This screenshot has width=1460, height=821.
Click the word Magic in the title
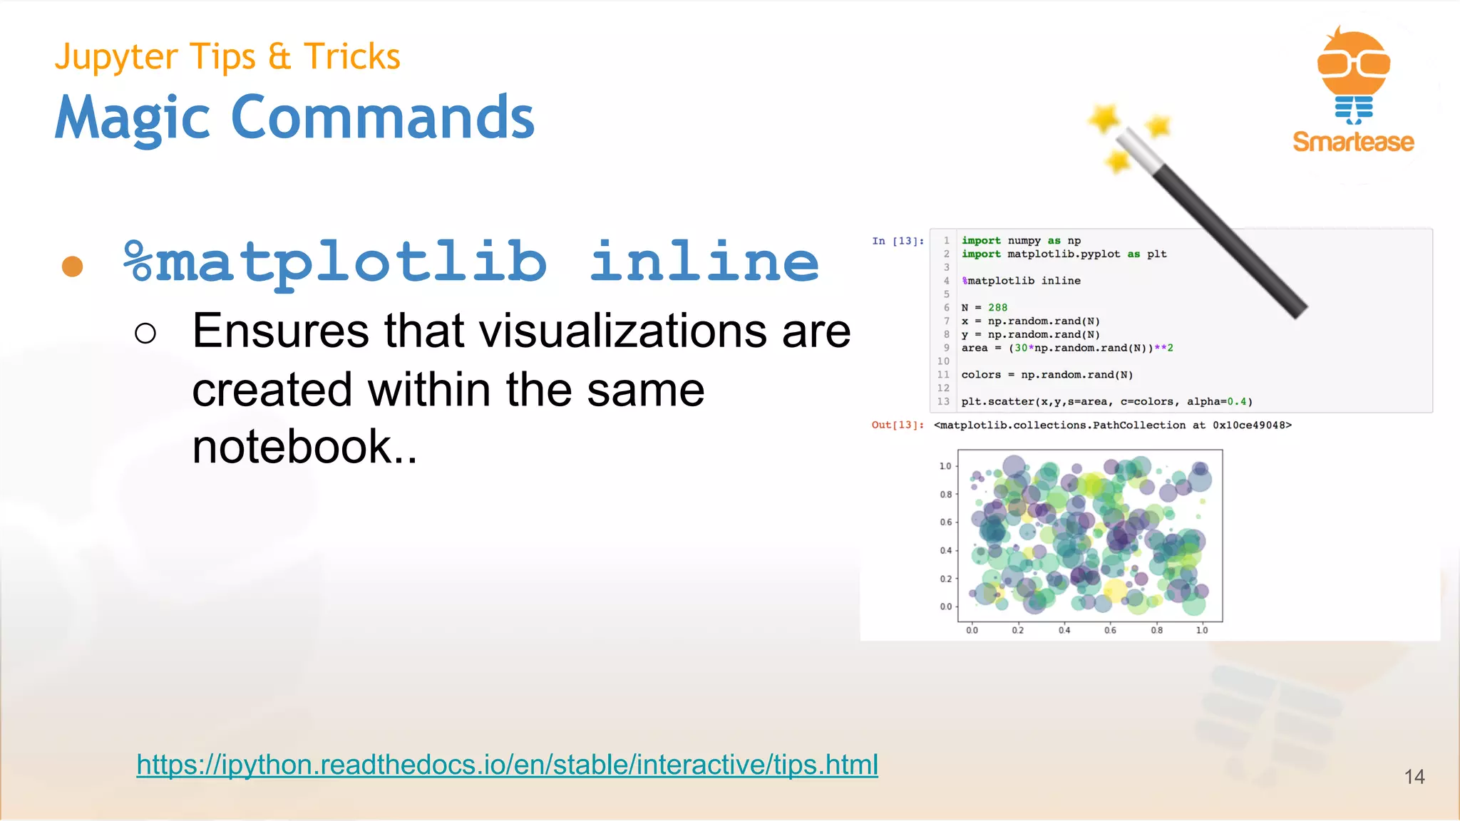[x=133, y=118]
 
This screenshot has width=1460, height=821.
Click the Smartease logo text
[x=1353, y=142]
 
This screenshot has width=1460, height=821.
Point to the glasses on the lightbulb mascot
[x=1353, y=63]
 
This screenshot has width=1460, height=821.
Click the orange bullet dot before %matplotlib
[x=73, y=266]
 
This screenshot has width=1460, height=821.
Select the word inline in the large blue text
[x=704, y=262]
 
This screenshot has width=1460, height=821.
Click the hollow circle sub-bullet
[x=145, y=333]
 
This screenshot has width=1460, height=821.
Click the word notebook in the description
[x=292, y=447]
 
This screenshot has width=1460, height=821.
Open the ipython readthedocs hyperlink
[x=507, y=765]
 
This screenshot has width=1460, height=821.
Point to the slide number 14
[x=1414, y=777]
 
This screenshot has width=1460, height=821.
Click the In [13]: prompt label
[x=898, y=241]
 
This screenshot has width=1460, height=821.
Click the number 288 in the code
[x=997, y=308]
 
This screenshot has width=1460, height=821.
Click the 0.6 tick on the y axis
[x=945, y=522]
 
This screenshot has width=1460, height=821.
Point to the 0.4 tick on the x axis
[x=1064, y=630]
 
